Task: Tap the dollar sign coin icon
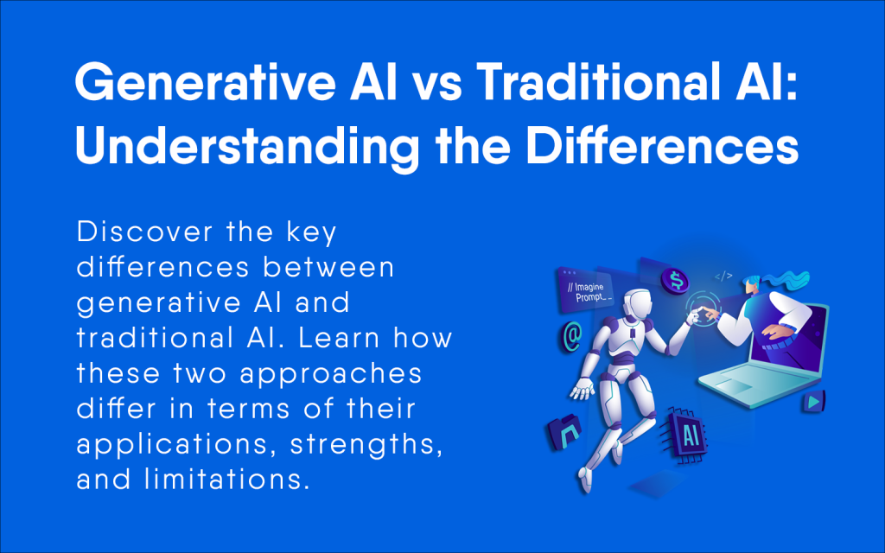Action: click(x=674, y=280)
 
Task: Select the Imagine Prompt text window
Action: click(x=586, y=292)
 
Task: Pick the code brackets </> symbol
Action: click(x=723, y=276)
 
